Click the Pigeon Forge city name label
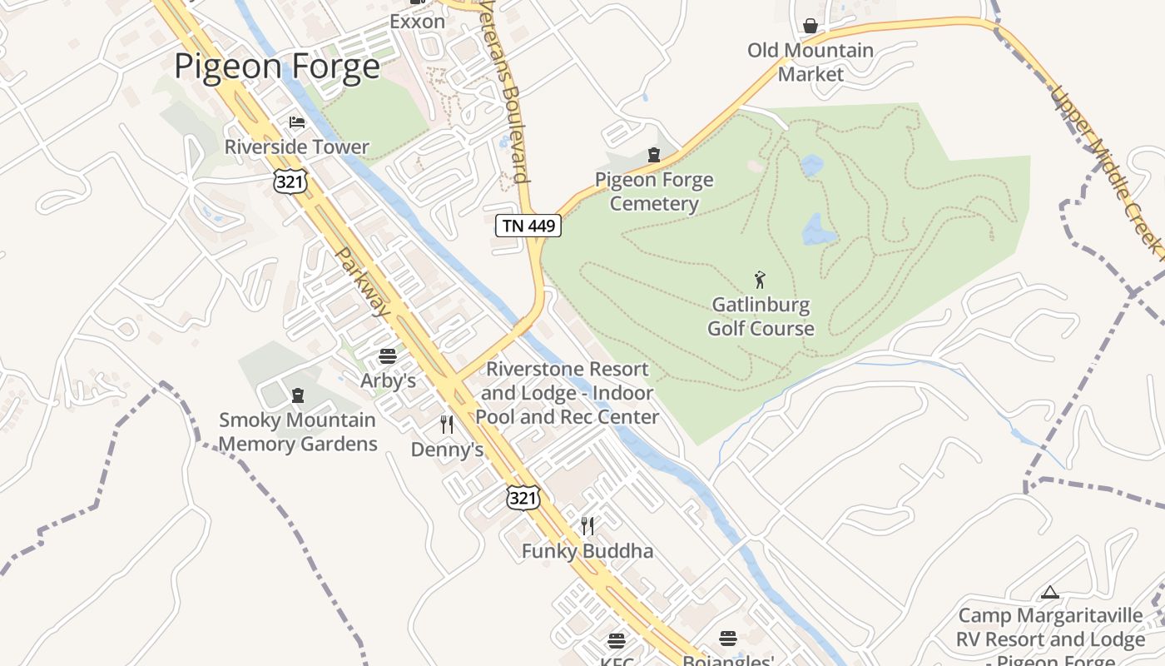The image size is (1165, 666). [276, 66]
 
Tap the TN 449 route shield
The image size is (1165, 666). [528, 226]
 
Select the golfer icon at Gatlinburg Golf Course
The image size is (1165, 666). [759, 280]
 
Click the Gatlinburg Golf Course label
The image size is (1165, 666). [761, 317]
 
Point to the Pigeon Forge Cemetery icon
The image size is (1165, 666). [654, 155]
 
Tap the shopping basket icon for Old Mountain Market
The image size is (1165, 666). [811, 26]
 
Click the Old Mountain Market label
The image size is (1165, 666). [811, 62]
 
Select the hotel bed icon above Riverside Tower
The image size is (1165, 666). [297, 122]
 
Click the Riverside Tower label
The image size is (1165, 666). [297, 147]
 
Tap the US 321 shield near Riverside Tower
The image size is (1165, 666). [290, 181]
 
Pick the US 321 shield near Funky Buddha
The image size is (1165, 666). [523, 498]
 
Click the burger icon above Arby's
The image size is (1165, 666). [388, 356]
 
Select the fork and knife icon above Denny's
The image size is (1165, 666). [447, 425]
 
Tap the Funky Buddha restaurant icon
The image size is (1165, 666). [587, 525]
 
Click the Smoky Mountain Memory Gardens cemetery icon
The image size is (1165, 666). [298, 395]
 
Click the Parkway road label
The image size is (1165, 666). [363, 281]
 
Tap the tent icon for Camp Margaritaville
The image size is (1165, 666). [1050, 592]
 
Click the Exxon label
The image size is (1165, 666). [417, 22]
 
